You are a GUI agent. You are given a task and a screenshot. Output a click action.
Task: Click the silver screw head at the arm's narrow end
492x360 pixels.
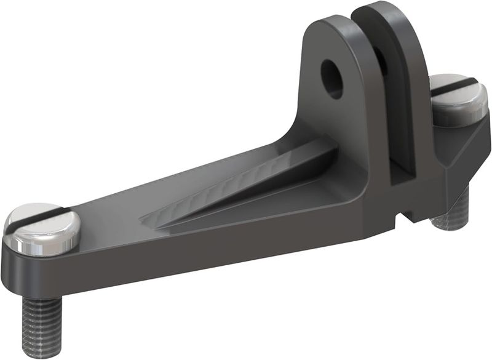point(42,229)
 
